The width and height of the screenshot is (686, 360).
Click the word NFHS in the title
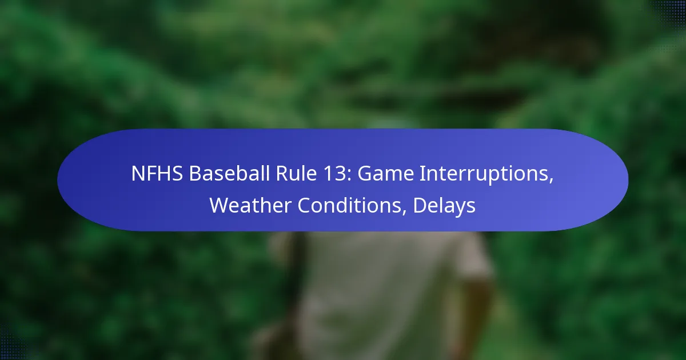click(157, 173)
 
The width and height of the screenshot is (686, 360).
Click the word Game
click(385, 174)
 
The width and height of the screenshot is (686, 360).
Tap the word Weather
click(250, 205)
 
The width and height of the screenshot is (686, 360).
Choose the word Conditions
click(349, 205)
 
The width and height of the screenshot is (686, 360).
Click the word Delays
click(444, 206)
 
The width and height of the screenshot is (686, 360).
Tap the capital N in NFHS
click(138, 174)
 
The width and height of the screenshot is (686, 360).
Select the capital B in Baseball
click(195, 174)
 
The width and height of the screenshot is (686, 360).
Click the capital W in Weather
click(221, 205)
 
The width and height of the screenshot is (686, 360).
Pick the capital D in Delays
click(420, 205)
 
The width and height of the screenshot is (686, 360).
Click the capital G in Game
click(365, 174)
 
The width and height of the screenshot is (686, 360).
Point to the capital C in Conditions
click(304, 205)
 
